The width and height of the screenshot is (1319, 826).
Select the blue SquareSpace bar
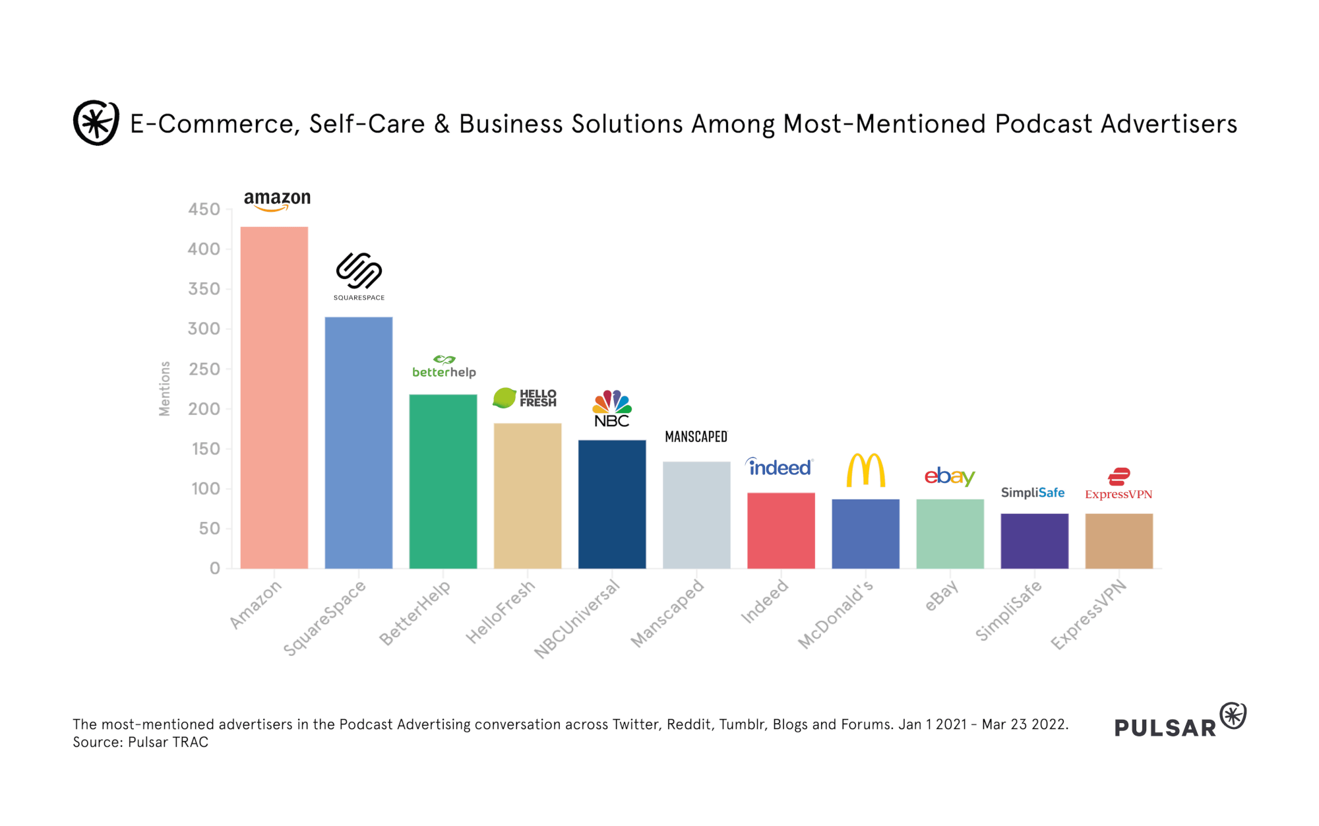pos(358,442)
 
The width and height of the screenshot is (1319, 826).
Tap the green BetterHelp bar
pos(443,481)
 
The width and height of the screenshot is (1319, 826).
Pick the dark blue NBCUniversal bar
pos(612,504)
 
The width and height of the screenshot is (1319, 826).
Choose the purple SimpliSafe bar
pos(1034,541)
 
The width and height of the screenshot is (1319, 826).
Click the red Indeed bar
pos(781,530)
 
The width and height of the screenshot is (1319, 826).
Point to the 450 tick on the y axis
pos(204,210)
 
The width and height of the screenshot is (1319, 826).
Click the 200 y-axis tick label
pos(204,409)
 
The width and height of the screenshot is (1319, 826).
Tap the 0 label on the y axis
pos(215,569)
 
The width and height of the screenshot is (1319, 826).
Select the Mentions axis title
pos(165,389)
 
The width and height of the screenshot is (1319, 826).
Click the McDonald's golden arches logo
pos(865,470)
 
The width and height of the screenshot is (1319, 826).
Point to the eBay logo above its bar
pos(949,476)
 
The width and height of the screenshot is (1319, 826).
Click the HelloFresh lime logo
pos(505,397)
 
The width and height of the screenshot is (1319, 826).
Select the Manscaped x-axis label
pos(667,614)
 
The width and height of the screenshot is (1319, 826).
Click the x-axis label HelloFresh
pos(500,612)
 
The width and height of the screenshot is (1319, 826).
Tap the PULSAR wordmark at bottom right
pos(1165,728)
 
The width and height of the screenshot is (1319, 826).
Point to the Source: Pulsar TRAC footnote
pos(140,742)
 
